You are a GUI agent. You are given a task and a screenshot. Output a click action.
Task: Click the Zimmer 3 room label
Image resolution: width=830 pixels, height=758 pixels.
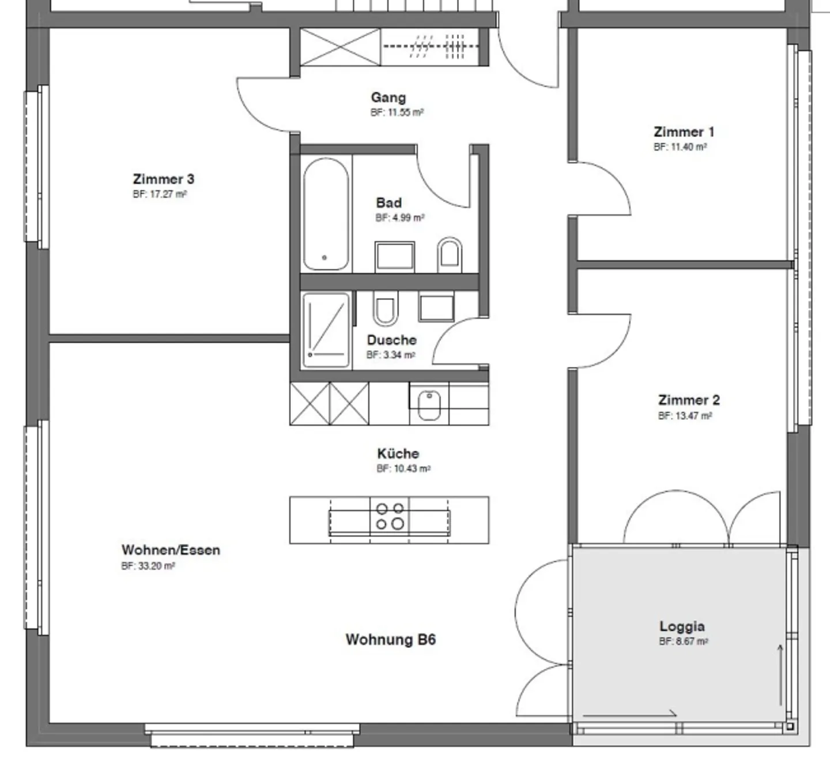click(164, 179)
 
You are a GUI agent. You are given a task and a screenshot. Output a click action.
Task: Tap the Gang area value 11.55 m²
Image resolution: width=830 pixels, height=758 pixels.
click(397, 112)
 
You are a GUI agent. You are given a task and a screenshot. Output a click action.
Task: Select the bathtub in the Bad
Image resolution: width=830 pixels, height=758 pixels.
click(326, 214)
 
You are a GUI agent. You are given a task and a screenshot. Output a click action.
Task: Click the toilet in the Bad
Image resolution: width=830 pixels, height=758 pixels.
click(450, 255)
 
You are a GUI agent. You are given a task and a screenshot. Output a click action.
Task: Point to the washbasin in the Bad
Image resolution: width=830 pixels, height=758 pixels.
click(395, 257)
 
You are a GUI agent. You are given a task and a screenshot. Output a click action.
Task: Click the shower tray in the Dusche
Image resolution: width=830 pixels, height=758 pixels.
click(326, 330)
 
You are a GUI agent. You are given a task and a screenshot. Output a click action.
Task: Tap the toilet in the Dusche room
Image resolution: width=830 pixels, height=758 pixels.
click(385, 308)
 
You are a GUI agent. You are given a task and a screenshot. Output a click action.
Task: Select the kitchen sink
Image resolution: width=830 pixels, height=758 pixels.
click(429, 404)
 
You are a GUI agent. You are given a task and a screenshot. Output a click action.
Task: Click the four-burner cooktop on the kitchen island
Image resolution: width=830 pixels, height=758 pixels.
click(389, 516)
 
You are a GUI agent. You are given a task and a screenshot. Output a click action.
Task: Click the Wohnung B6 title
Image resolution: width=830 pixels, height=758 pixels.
click(391, 640)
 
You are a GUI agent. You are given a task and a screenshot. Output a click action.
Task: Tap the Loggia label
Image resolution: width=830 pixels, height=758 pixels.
click(682, 626)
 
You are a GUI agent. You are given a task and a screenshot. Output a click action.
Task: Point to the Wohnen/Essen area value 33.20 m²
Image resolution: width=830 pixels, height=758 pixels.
click(148, 566)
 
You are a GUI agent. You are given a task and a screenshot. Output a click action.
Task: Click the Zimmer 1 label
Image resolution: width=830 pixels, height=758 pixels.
click(684, 132)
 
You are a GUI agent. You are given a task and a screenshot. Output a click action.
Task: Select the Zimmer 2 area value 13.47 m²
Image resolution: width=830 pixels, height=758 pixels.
click(685, 415)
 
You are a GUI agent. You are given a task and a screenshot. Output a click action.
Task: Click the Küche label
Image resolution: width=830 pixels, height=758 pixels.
click(398, 453)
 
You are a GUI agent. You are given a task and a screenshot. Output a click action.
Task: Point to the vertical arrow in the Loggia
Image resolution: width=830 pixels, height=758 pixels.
click(780, 675)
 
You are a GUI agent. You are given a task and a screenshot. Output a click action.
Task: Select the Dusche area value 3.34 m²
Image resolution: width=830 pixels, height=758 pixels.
click(391, 355)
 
